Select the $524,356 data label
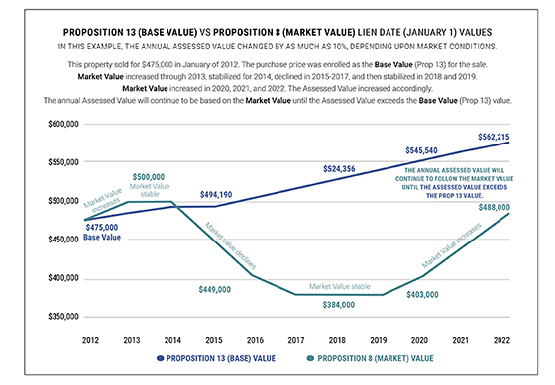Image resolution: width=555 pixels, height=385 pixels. click(x=339, y=169)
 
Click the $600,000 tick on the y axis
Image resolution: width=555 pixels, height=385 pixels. click(x=61, y=124)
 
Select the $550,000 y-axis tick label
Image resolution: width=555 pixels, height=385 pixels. click(x=61, y=162)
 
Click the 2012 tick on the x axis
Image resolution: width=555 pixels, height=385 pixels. click(x=89, y=339)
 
